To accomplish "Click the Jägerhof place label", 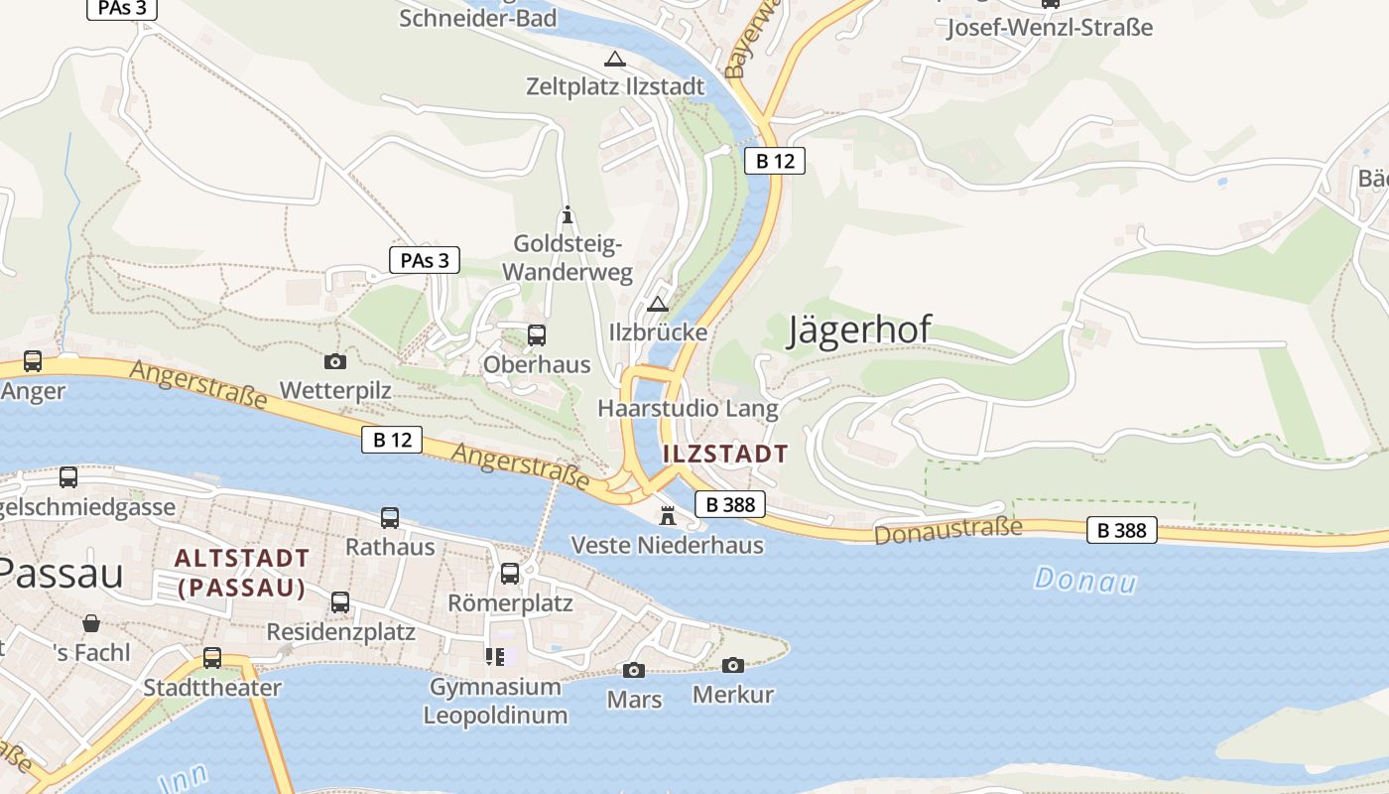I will [859, 330].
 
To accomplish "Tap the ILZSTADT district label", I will [725, 455].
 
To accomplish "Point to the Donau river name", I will [1084, 580].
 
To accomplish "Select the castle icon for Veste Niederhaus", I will [668, 515].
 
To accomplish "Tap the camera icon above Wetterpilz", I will [335, 362].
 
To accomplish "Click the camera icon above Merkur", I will [733, 665].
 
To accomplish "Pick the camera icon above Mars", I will [634, 671].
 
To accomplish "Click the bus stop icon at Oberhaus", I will [537, 335].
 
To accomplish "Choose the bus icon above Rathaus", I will [390, 518].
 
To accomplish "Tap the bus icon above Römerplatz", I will [510, 574].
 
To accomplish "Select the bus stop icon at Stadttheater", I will [212, 658].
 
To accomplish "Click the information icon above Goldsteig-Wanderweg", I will [568, 214].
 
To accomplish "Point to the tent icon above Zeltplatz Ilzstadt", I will [615, 59].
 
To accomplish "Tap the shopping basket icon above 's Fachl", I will [91, 623].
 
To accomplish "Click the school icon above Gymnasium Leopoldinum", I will [494, 657].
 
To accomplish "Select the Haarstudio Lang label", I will [688, 408].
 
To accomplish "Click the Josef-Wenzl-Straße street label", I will [1050, 28].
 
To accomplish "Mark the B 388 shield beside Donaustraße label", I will [1122, 530].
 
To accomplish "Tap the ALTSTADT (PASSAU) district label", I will [242, 573].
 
